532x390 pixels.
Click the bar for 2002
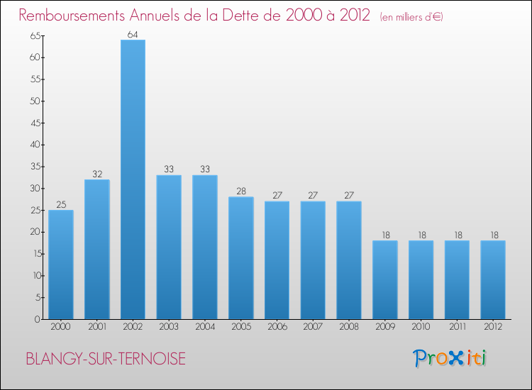tap(133, 179)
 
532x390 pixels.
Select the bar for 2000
tap(61, 264)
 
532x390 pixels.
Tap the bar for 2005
tap(240, 258)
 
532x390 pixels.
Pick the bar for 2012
tap(493, 280)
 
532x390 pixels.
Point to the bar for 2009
tap(385, 280)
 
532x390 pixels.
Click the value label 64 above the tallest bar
tap(133, 34)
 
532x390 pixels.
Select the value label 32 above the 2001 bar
tap(97, 174)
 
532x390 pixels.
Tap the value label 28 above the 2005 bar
tap(240, 191)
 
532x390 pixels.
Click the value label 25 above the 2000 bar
tap(61, 204)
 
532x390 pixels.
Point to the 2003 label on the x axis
tap(169, 327)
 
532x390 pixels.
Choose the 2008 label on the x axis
tap(349, 327)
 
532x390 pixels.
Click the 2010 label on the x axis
tap(421, 327)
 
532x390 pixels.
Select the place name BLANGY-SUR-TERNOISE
tap(106, 360)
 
